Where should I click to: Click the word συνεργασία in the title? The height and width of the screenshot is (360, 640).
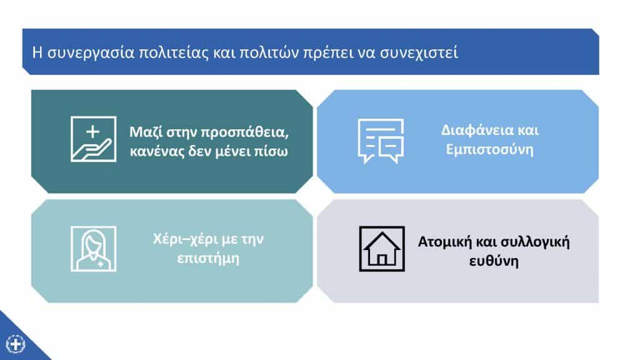pyautogui.click(x=91, y=53)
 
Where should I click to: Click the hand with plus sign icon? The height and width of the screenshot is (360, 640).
pyautogui.click(x=94, y=139)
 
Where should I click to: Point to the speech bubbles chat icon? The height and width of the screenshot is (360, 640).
pyautogui.click(x=381, y=141)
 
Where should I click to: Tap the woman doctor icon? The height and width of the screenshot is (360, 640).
pyautogui.click(x=94, y=249)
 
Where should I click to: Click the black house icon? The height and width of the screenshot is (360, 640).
pyautogui.click(x=382, y=249)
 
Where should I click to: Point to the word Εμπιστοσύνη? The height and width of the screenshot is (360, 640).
pyautogui.click(x=489, y=150)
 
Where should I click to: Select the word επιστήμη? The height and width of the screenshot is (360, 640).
pyautogui.click(x=208, y=259)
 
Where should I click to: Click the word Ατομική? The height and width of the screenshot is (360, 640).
pyautogui.click(x=445, y=242)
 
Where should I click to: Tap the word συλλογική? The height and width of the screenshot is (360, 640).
pyautogui.click(x=535, y=242)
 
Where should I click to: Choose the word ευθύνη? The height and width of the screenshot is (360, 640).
pyautogui.click(x=494, y=261)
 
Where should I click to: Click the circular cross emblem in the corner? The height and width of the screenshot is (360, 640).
pyautogui.click(x=16, y=344)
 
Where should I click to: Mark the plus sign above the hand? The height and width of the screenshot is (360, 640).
pyautogui.click(x=92, y=131)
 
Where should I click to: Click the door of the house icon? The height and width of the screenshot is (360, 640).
pyautogui.click(x=382, y=259)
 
